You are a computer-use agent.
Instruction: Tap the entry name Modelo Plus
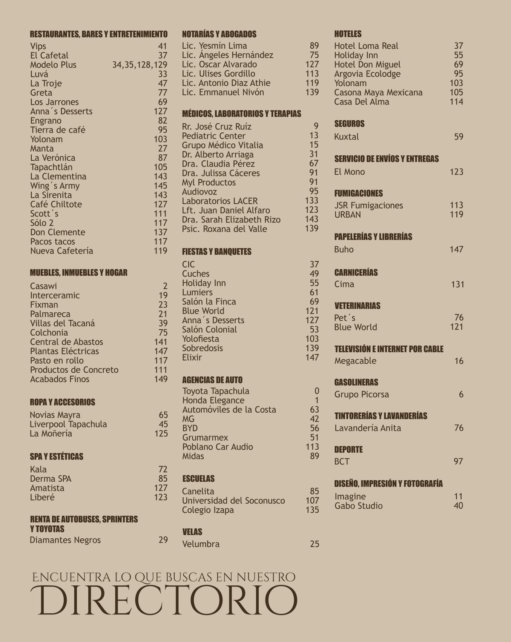[53, 65]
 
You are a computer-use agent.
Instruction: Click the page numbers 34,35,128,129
[140, 65]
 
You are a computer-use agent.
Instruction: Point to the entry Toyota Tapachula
[216, 391]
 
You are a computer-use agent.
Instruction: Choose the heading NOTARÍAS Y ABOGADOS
[219, 34]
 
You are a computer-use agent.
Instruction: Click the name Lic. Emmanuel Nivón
[223, 92]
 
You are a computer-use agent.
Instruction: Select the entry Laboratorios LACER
[220, 201]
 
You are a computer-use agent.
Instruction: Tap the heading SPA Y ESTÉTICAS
[57, 456]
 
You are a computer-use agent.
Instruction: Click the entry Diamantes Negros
[65, 540]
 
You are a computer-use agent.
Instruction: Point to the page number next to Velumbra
[315, 544]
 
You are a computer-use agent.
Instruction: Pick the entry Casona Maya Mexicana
[378, 92]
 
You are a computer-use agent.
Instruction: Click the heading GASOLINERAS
[356, 382]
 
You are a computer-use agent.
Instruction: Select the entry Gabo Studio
[358, 506]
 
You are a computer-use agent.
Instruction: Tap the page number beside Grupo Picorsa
[461, 395]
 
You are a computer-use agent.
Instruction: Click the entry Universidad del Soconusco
[233, 501]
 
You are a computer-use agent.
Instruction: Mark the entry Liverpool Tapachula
[68, 424]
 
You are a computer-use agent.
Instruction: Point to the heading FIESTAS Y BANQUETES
[216, 252]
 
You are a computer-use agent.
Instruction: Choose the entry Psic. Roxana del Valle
[224, 229]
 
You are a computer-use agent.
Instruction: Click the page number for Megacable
[459, 361]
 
